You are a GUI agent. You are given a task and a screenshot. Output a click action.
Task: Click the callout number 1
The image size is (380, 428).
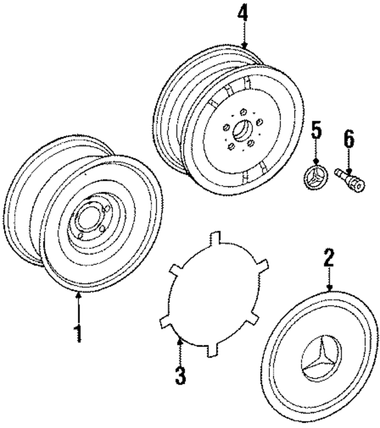(78, 333)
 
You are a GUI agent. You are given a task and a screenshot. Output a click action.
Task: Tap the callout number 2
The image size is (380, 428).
(329, 258)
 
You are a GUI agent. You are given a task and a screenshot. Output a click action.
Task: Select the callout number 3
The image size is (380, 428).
(180, 374)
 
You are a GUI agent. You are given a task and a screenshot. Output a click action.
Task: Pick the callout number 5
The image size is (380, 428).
(316, 131)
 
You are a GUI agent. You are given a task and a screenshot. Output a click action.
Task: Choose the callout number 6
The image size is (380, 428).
(349, 140)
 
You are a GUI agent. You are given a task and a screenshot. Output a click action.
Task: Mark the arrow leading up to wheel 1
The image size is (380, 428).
(79, 307)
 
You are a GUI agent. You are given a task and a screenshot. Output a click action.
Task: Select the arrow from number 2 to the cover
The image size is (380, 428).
(329, 279)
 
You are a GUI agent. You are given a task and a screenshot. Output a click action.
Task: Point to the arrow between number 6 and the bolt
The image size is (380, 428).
(349, 161)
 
